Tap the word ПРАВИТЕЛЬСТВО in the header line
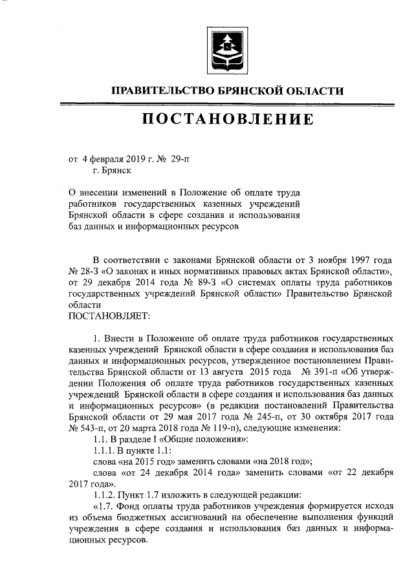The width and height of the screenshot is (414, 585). click(154, 91)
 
